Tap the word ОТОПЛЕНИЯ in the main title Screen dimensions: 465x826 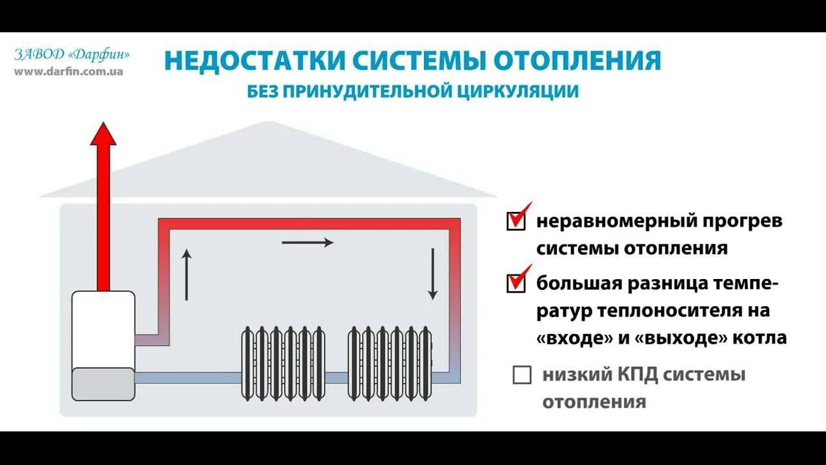(x=578, y=61)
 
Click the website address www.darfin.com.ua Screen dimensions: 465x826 (x=68, y=71)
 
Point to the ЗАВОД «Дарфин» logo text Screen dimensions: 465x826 (x=72, y=55)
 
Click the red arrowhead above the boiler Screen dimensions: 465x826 (x=103, y=134)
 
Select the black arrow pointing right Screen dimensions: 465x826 (x=308, y=242)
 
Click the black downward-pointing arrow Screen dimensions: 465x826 (x=432, y=274)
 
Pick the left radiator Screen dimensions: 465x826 (x=283, y=363)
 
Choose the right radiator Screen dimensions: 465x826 (x=390, y=363)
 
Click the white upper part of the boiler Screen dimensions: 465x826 (x=103, y=329)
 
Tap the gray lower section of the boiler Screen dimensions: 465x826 (x=103, y=384)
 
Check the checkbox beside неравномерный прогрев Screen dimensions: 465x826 (x=516, y=222)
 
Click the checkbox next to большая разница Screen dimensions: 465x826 (x=516, y=284)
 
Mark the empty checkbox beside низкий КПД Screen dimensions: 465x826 (x=521, y=375)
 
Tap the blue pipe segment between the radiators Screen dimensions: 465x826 (x=336, y=377)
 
